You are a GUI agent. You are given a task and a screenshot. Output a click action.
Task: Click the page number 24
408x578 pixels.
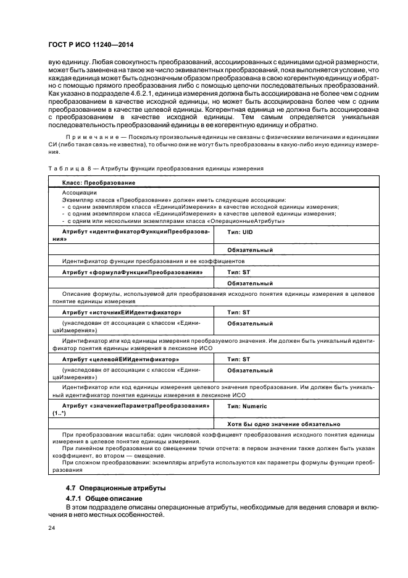52,528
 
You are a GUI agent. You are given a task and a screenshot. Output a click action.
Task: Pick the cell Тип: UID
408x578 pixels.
240,232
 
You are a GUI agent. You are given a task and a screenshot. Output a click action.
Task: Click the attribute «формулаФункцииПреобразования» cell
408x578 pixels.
132,272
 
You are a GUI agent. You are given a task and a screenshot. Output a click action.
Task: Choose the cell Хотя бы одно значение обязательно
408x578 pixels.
283,424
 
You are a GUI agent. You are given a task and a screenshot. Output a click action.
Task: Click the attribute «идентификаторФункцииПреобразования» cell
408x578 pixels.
136,232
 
